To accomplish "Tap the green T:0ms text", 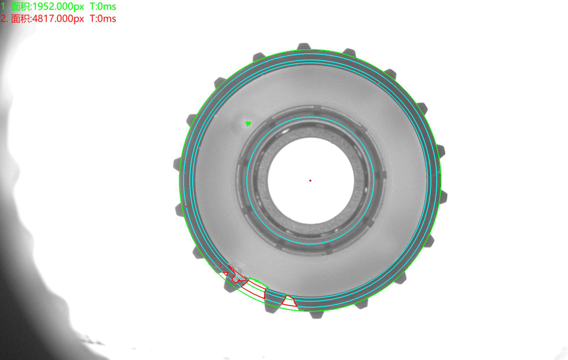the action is [x=103, y=7].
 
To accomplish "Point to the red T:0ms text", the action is [x=103, y=18].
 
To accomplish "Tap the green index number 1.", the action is [x=3, y=7].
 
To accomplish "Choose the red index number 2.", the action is [x=4, y=18].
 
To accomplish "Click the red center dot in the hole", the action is [x=310, y=180].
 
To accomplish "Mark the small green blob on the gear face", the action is [x=248, y=124].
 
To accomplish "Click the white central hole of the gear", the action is [x=311, y=181].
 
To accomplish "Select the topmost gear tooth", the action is [x=304, y=46].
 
